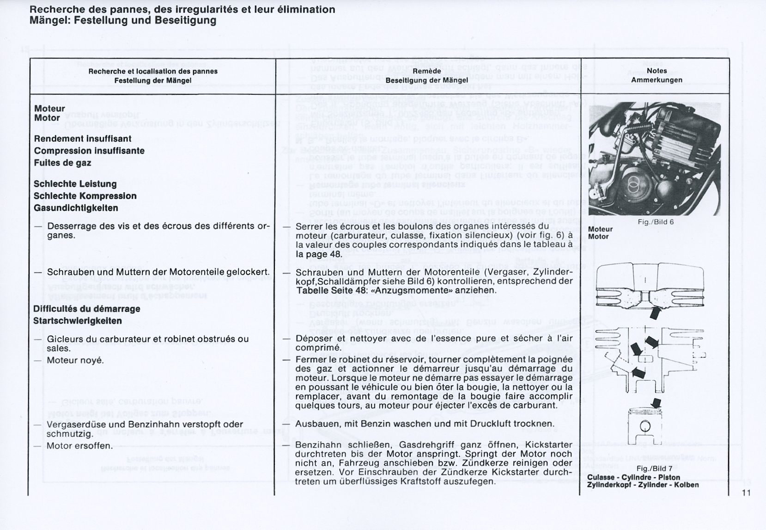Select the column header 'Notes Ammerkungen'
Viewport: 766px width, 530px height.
(x=657, y=75)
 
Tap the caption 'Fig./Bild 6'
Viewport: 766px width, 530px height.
(x=656, y=222)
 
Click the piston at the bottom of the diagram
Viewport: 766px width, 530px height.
(x=646, y=426)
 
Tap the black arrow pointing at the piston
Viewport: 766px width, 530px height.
(x=655, y=403)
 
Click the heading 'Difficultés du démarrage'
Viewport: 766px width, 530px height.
(x=87, y=309)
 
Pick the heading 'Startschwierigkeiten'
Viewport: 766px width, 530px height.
(x=78, y=321)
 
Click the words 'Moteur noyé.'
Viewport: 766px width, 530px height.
(x=75, y=360)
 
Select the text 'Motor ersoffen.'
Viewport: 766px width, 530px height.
(x=80, y=446)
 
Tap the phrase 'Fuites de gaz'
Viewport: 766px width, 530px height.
(x=62, y=163)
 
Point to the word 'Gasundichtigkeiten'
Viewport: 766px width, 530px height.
(x=76, y=208)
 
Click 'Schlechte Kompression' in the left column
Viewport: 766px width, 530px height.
(x=85, y=196)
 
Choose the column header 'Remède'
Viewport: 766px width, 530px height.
(x=427, y=71)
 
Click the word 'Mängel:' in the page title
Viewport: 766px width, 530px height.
(x=49, y=20)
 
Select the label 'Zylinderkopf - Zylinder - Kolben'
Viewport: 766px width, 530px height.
(x=643, y=485)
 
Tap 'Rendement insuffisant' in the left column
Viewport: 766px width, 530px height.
(x=83, y=139)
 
